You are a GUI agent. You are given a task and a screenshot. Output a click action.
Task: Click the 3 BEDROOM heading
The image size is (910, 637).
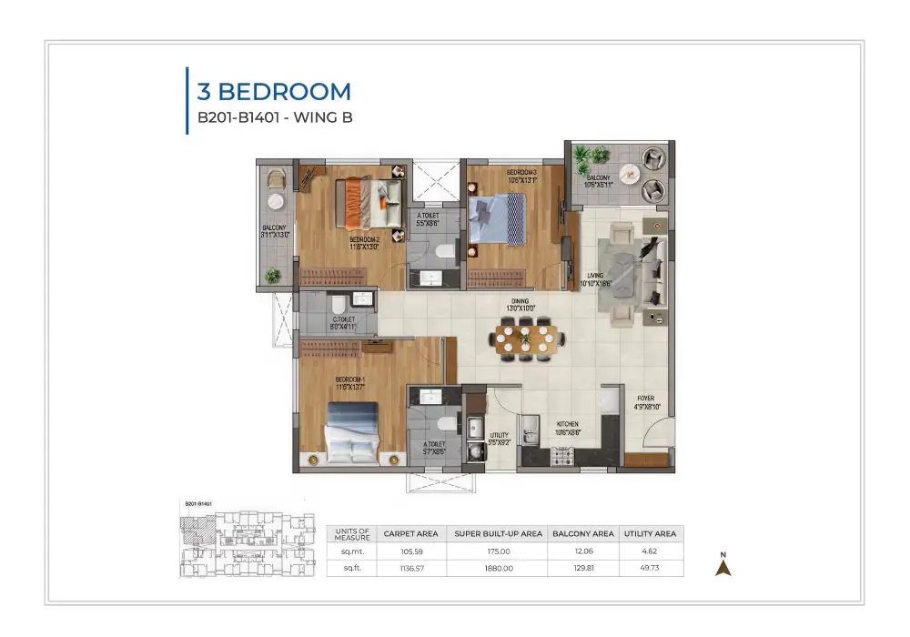(x=274, y=91)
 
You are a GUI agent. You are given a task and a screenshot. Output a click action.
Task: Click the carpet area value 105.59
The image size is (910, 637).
(x=399, y=551)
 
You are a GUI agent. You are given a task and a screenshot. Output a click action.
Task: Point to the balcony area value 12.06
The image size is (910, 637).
(x=582, y=551)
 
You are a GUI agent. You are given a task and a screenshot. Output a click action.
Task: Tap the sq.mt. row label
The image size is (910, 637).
(x=351, y=551)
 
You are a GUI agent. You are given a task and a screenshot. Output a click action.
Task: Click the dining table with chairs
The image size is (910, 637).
(x=527, y=339)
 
